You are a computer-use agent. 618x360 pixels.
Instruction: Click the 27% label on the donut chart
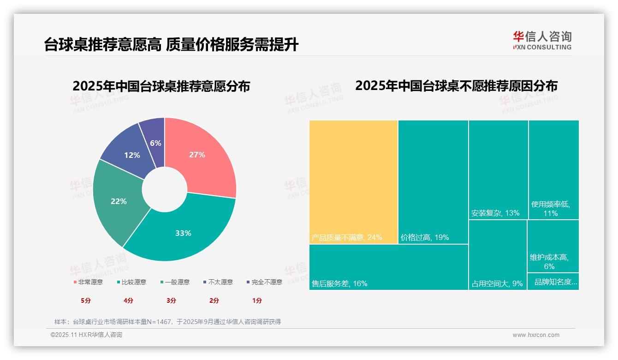pyautogui.click(x=197, y=155)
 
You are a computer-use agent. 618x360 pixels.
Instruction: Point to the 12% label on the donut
pyautogui.click(x=132, y=155)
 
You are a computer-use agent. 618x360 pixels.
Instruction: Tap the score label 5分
pyautogui.click(x=86, y=300)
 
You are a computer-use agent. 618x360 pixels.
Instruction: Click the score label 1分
pyautogui.click(x=257, y=300)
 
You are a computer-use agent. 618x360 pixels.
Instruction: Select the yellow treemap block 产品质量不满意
pyautogui.click(x=353, y=182)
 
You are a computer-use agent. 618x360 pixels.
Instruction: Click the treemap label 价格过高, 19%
pyautogui.click(x=425, y=238)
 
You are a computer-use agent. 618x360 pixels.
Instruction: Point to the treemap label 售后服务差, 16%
pyautogui.click(x=339, y=283)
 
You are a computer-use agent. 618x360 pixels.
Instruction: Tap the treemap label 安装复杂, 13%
pyautogui.click(x=495, y=213)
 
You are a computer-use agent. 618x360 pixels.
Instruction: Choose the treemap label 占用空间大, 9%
pyautogui.click(x=497, y=284)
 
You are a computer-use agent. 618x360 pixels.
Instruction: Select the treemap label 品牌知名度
pyautogui.click(x=555, y=282)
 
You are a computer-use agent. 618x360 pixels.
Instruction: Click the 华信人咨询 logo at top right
pyautogui.click(x=542, y=40)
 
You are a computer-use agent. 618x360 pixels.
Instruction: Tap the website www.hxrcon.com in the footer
pyautogui.click(x=536, y=335)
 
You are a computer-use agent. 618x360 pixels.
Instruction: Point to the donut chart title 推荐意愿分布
pyautogui.click(x=161, y=86)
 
